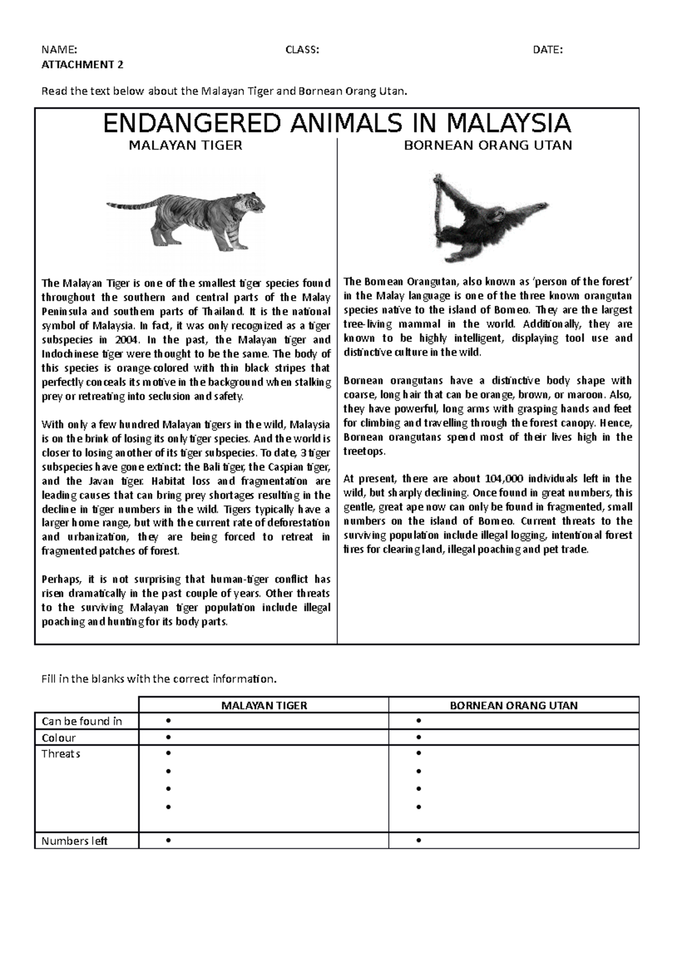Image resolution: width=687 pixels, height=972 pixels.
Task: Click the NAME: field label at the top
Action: [x=57, y=50]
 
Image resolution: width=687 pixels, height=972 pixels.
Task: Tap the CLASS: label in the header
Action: [x=302, y=50]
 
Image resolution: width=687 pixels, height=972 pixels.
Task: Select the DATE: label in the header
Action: [x=547, y=50]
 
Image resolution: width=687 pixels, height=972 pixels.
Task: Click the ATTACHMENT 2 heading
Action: [x=82, y=64]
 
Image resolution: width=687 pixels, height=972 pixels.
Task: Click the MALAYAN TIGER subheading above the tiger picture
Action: [x=185, y=145]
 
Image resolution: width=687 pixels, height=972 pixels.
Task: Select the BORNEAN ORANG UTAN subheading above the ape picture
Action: [x=488, y=145]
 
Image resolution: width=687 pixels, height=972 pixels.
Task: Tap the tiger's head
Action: [x=253, y=203]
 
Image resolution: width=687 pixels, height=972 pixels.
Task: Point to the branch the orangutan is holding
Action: [x=438, y=206]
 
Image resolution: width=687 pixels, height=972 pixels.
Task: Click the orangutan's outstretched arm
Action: [x=527, y=208]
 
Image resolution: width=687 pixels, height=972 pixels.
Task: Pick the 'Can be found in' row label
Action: [x=82, y=721]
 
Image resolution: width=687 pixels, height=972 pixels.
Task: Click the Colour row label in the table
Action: [x=58, y=738]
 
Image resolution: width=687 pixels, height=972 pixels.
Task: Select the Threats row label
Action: [x=61, y=754]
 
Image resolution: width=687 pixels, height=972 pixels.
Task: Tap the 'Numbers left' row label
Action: [x=74, y=841]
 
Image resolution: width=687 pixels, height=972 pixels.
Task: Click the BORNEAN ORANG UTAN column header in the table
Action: [x=514, y=705]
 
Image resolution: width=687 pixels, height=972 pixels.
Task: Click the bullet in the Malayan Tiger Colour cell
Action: [x=168, y=737]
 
